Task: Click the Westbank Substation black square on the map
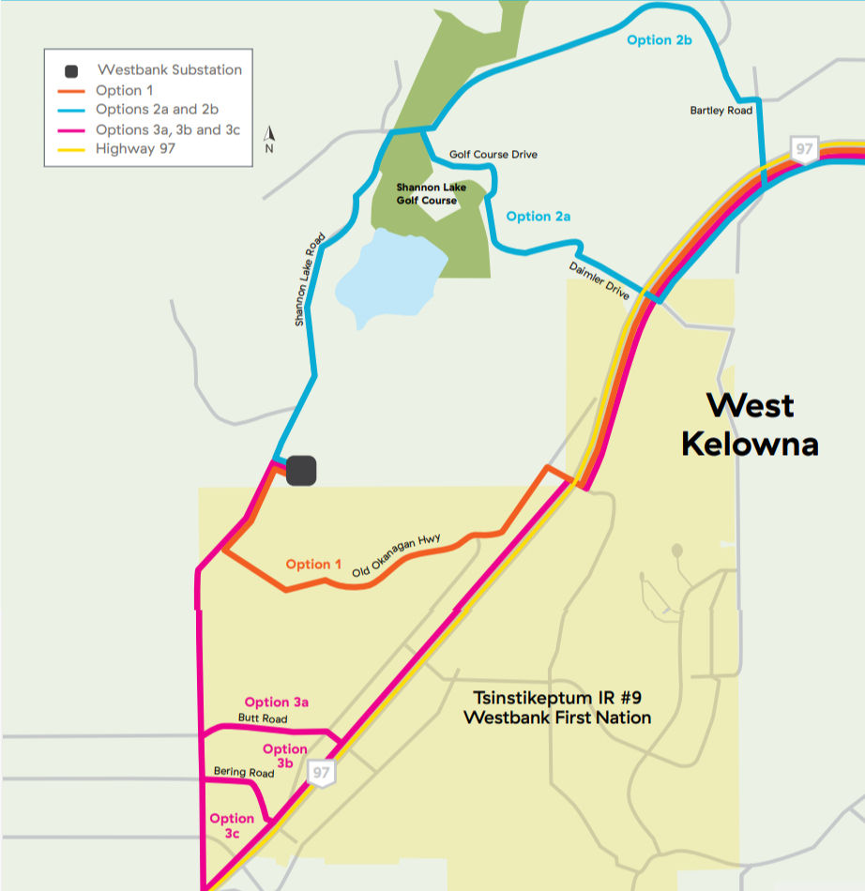click(301, 471)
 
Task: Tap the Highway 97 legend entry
click(134, 148)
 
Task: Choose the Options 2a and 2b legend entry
click(156, 110)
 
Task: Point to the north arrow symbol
click(269, 139)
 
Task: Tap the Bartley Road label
click(721, 111)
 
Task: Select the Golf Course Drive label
click(493, 154)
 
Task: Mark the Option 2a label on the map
click(539, 217)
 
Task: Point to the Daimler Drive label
click(599, 280)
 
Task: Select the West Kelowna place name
click(750, 424)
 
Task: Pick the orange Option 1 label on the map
click(313, 564)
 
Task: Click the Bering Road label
click(244, 772)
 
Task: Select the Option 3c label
click(232, 825)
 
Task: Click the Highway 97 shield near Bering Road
click(322, 773)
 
